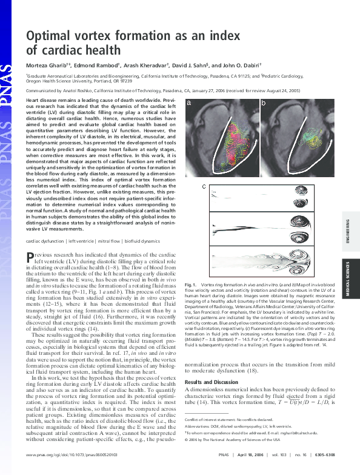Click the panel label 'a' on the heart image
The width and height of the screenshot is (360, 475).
(188, 104)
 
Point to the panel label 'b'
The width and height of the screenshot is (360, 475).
(263, 104)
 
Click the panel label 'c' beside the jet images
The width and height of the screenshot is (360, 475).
(204, 186)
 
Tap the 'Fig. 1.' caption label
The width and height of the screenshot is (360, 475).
(192, 285)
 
